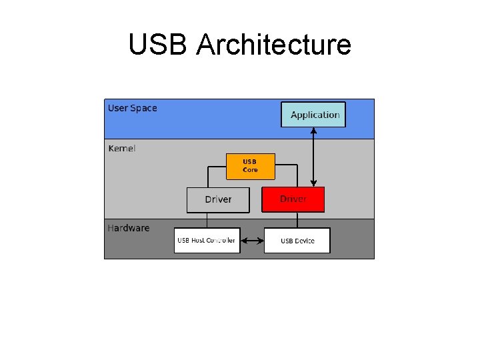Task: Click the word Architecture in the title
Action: pos(274,45)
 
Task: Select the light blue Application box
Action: pos(314,114)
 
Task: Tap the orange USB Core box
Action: pos(250,166)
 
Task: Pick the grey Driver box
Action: pos(218,199)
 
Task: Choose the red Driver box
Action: pos(293,199)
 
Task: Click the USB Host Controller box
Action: pos(207,240)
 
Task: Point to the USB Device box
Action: pos(297,240)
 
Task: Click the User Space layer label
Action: pos(133,108)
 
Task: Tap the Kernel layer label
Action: pos(122,148)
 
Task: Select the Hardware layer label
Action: pos(129,228)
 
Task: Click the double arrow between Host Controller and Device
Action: pos(252,240)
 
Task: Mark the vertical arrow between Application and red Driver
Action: pos(314,157)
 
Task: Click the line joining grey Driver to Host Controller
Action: pos(207,220)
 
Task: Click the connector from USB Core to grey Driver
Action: pos(208,174)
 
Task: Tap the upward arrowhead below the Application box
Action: pos(314,131)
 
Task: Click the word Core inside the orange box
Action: pos(250,170)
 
